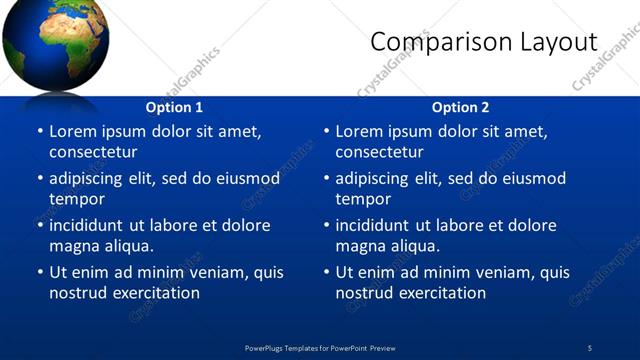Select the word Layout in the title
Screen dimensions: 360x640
click(554, 42)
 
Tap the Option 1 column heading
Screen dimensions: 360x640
click(174, 107)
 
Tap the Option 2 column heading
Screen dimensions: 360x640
click(460, 107)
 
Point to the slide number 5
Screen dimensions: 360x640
click(589, 347)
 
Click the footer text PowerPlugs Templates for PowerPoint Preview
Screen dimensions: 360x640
click(320, 347)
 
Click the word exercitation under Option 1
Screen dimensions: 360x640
click(158, 293)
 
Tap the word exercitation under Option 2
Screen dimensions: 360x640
click(444, 293)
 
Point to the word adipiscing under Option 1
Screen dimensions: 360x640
click(90, 179)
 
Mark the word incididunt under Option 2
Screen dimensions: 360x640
click(377, 225)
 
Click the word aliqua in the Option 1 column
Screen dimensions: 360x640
click(127, 246)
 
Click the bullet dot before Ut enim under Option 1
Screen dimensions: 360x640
click(40, 272)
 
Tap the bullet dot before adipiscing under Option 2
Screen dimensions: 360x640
click(326, 179)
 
